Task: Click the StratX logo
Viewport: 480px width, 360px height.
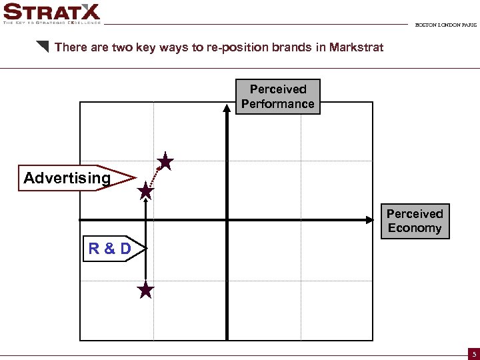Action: [52, 11]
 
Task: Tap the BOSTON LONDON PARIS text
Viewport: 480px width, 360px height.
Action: [445, 25]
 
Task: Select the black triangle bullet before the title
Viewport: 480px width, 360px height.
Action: [43, 47]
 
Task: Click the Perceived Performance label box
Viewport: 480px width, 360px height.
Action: [278, 97]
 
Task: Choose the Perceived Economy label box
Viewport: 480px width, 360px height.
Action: [415, 221]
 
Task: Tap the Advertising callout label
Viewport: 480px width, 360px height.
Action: [67, 178]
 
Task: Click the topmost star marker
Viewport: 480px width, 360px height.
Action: [165, 162]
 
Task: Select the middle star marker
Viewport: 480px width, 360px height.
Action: [145, 193]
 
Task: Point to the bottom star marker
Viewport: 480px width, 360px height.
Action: [145, 290]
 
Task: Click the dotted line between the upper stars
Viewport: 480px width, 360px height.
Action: [155, 177]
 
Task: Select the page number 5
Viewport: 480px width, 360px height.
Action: [472, 353]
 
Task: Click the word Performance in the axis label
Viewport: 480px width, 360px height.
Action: [278, 104]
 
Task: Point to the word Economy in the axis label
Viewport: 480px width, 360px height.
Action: [415, 228]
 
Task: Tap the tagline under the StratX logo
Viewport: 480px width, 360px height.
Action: [52, 22]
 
